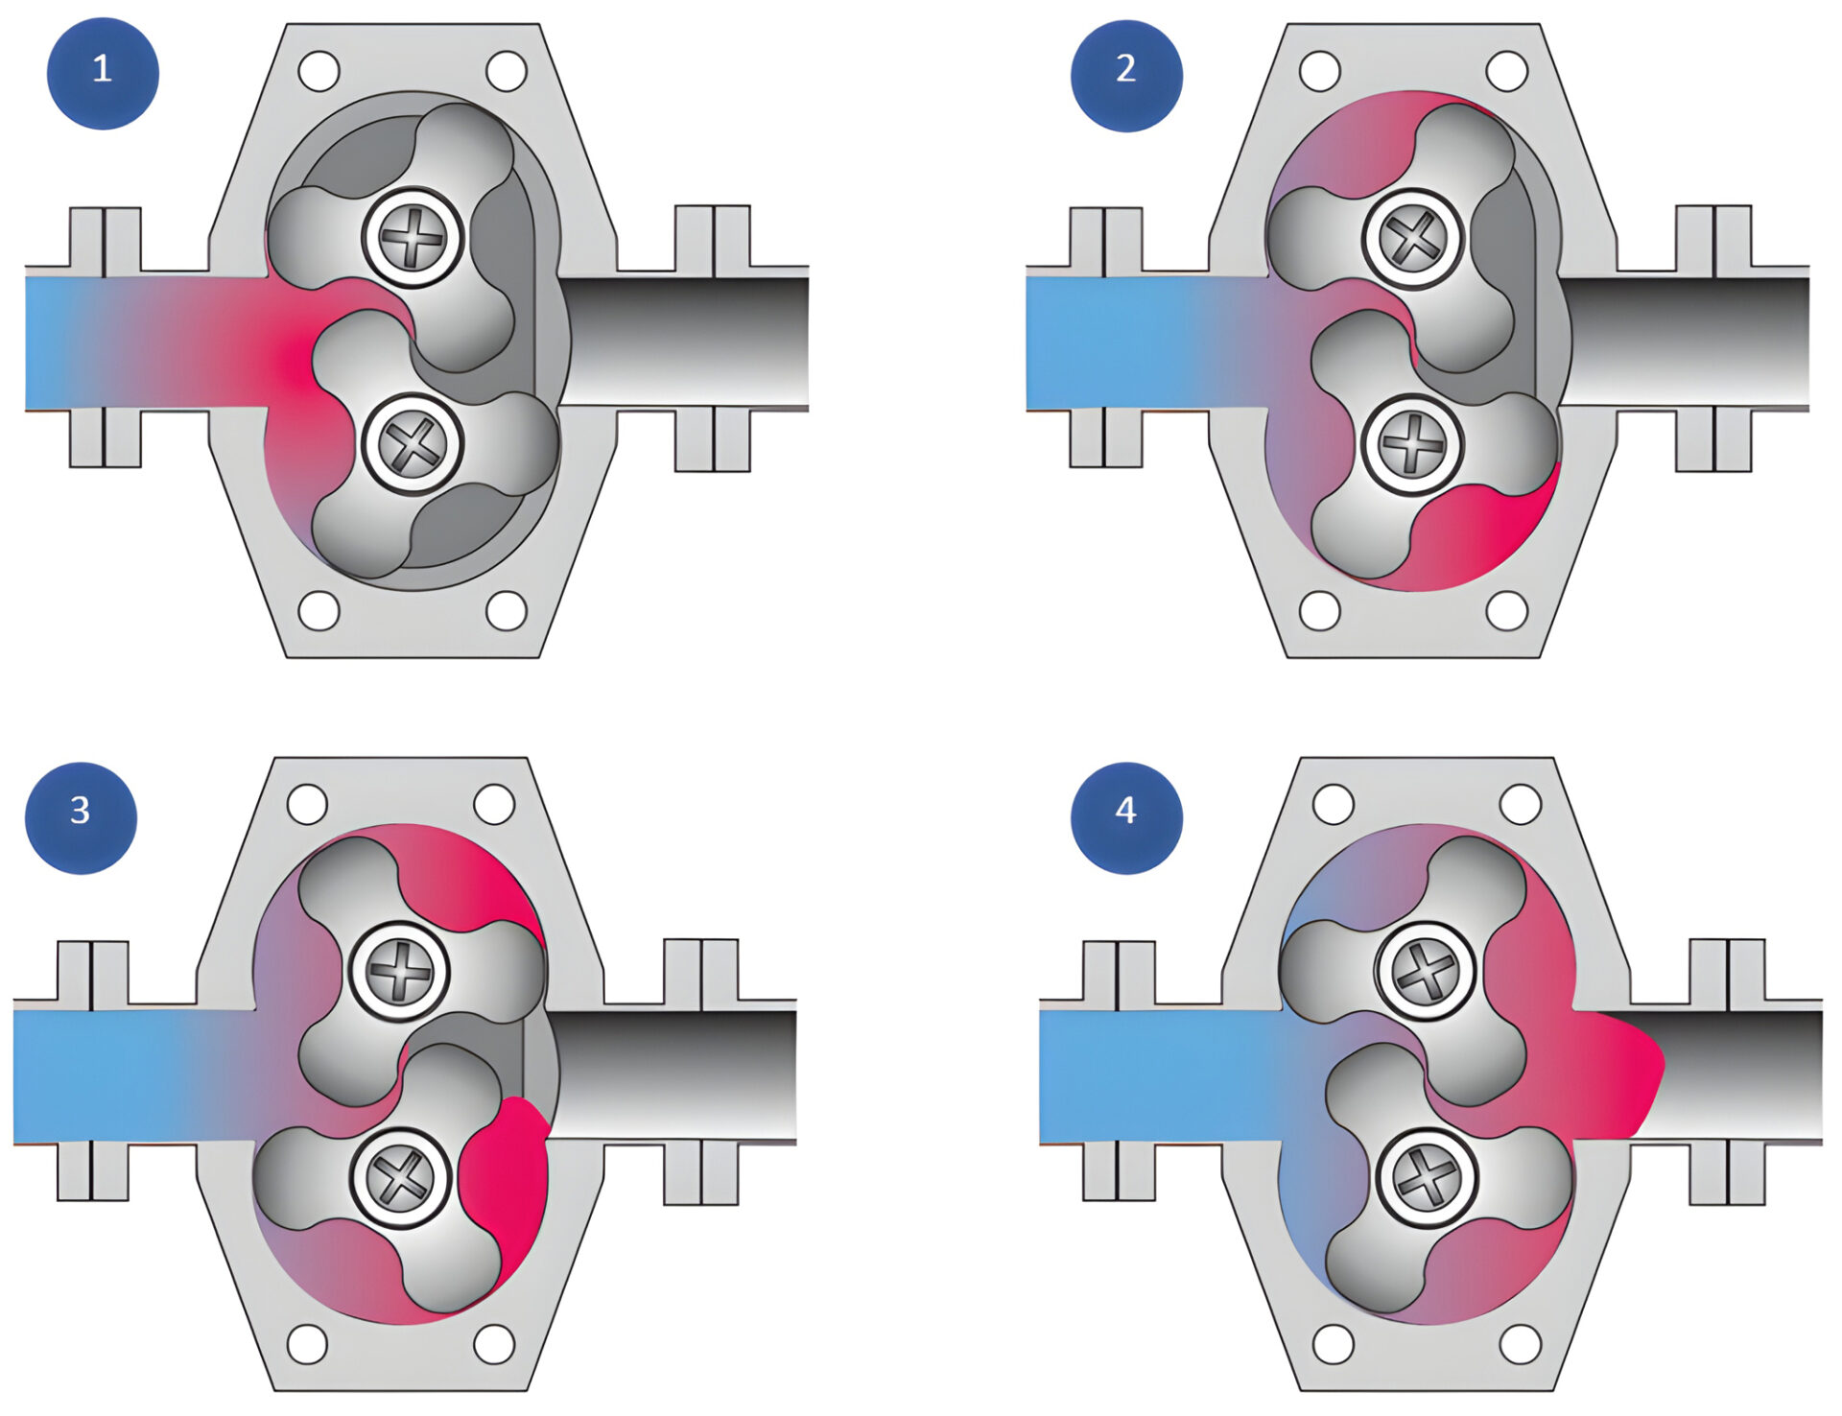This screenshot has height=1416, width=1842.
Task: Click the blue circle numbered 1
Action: click(103, 73)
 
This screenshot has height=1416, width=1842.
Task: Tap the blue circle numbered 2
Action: click(1126, 75)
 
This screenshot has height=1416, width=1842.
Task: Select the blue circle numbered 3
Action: click(81, 817)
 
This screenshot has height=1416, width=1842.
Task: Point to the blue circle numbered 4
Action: click(1125, 817)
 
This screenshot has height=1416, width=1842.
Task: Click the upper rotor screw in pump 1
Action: click(413, 236)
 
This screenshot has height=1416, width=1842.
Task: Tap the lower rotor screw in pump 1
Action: click(413, 444)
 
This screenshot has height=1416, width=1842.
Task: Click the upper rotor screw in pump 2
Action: click(1413, 237)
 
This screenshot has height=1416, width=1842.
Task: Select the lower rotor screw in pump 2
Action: click(1412, 444)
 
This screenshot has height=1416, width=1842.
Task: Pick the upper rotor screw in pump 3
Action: click(399, 971)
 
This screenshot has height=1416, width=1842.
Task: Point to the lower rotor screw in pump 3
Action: click(400, 1177)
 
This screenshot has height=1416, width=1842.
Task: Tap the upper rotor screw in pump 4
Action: click(1426, 971)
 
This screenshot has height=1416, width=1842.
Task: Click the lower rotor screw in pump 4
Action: click(1427, 1178)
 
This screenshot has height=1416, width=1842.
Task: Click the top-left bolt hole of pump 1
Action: click(319, 70)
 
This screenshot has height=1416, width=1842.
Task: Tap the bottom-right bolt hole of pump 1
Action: click(507, 610)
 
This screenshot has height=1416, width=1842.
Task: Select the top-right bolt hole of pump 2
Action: click(1506, 70)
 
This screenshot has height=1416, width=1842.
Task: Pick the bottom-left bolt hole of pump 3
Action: click(307, 1344)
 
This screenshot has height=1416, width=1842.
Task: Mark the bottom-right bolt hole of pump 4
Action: click(1521, 1344)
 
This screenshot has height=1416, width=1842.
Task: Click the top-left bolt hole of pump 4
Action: click(1333, 804)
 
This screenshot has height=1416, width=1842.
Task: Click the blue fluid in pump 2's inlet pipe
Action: click(1103, 342)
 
